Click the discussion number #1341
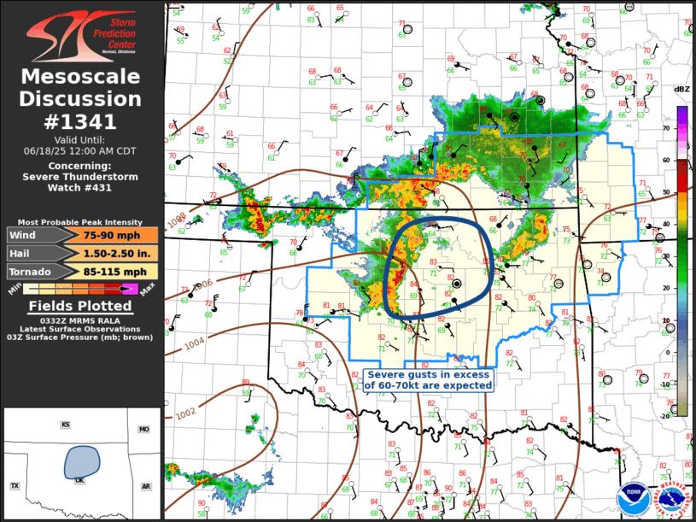[82, 120]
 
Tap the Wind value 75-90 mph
[107, 235]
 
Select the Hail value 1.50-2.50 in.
[107, 253]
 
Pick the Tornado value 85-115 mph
[107, 272]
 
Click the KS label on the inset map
[65, 425]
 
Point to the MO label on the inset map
[144, 430]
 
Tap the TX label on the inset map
[15, 486]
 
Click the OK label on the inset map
[80, 480]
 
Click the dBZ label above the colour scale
[681, 89]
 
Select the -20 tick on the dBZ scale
[664, 416]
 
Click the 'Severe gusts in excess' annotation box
[429, 380]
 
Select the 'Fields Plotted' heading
[81, 306]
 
